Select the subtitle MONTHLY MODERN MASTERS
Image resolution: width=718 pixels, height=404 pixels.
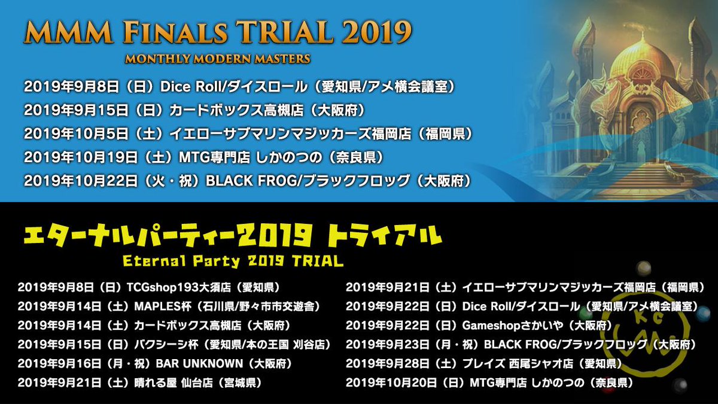tap(218, 59)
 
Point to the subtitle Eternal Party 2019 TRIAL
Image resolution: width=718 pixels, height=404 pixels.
tap(233, 262)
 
